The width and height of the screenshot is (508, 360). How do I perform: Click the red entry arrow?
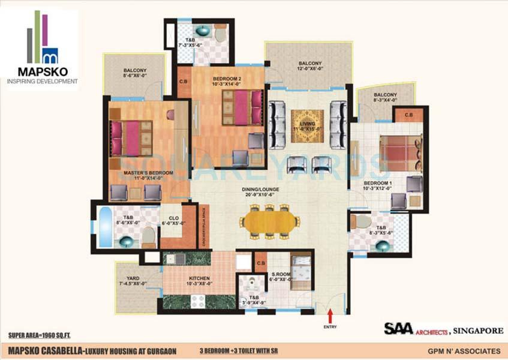[329, 315]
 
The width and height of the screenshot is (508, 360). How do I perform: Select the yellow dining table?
[270, 221]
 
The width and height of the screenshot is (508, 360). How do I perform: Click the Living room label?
[307, 125]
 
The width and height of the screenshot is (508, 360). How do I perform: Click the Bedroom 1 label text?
[378, 184]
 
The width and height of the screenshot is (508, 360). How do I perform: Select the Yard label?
[133, 279]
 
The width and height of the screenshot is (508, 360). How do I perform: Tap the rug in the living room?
[307, 126]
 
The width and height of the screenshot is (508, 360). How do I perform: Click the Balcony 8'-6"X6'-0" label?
[134, 73]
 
